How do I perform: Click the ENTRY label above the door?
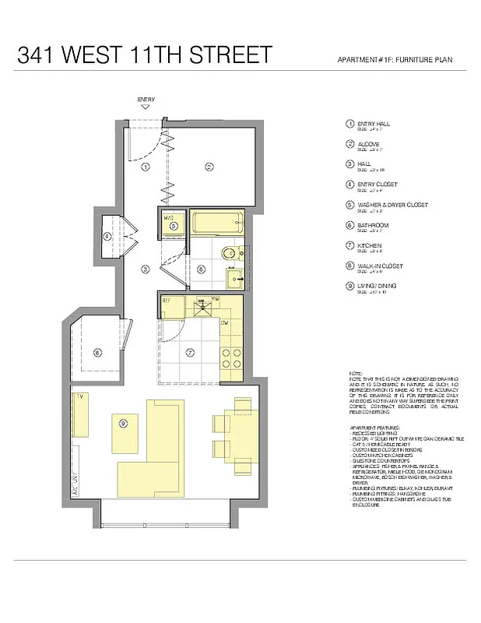tap(146, 100)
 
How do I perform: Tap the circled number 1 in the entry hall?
tap(146, 167)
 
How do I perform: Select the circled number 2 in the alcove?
tap(209, 167)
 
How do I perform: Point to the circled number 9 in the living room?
tap(123, 423)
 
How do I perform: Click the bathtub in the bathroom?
tap(216, 224)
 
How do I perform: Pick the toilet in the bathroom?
tap(229, 254)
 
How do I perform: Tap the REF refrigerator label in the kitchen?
tap(167, 300)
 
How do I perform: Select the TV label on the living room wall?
tap(79, 397)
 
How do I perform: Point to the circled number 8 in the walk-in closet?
tap(97, 352)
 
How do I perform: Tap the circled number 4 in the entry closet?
tap(107, 237)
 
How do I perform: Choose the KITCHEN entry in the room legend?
tap(370, 245)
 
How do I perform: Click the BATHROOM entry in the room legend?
tap(373, 225)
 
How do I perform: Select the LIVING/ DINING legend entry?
tap(376, 286)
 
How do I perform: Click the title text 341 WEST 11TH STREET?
tap(145, 55)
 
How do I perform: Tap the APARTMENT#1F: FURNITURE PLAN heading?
tap(395, 60)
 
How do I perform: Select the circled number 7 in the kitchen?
tap(189, 352)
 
